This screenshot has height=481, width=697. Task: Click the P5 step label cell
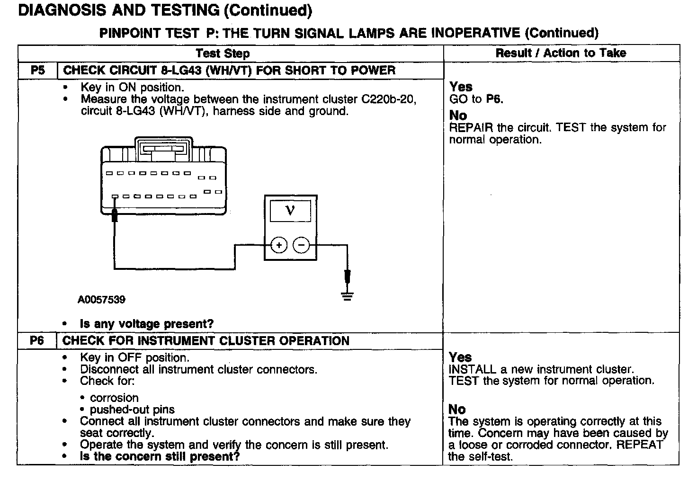coord(37,71)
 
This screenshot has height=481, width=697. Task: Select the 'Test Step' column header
coord(223,53)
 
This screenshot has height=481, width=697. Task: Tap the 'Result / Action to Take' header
coord(561,53)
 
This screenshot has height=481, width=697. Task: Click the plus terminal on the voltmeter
coord(279,245)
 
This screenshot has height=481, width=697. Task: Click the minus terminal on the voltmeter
coord(302,245)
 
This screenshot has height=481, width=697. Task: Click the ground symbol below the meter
coord(347,297)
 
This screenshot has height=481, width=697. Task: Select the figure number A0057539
coord(102,300)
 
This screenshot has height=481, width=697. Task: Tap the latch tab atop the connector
coord(163,148)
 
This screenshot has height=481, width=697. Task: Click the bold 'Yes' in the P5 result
coord(461,87)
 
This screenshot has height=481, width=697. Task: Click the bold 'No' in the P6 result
coord(457,409)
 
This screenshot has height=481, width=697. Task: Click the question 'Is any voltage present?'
coord(147,324)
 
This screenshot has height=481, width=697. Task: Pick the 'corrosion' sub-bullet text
coord(114,398)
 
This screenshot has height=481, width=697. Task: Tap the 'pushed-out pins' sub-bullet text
coord(132,410)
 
